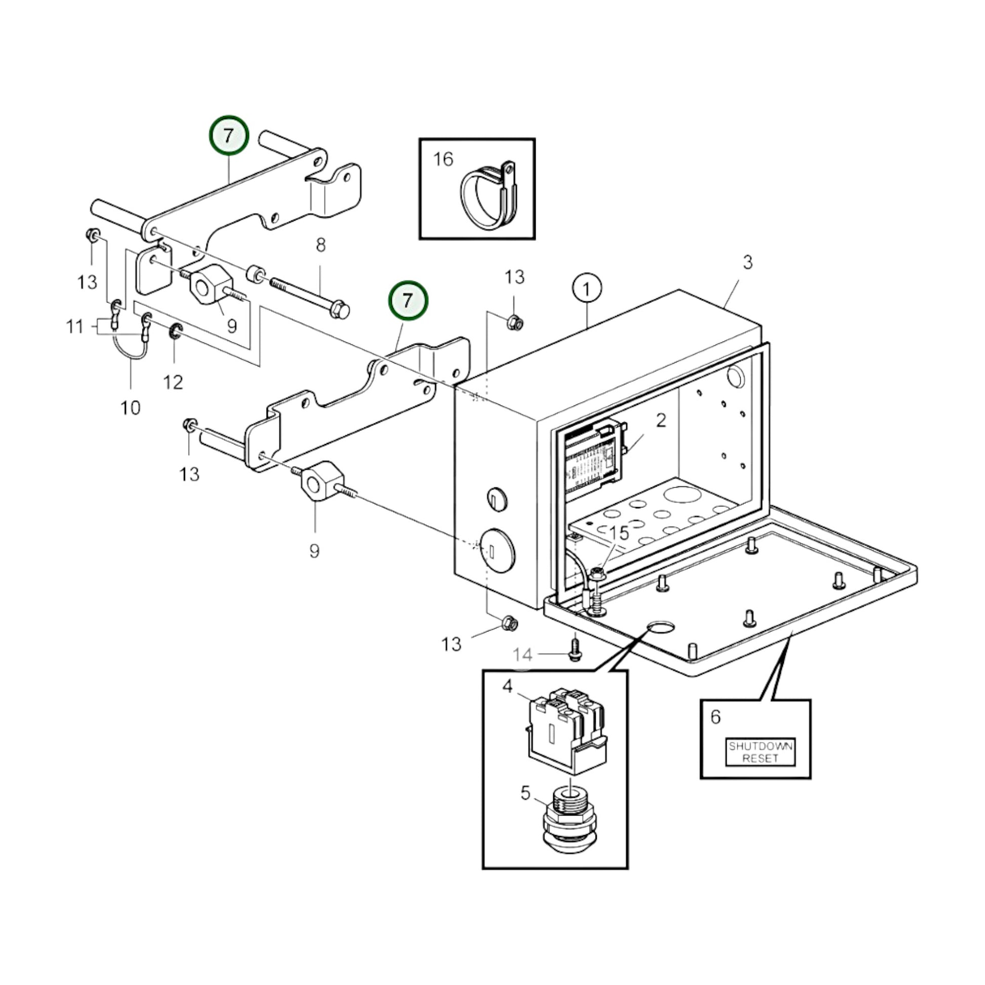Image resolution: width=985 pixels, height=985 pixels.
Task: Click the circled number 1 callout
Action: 587,289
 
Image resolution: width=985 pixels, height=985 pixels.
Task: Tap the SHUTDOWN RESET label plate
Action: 760,752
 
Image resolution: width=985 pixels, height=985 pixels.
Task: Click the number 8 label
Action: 321,245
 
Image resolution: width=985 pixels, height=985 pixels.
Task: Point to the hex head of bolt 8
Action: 340,309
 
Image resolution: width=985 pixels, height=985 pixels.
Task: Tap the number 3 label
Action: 748,262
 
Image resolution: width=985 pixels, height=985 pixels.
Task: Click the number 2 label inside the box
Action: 661,421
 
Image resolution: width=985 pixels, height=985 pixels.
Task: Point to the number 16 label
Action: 443,159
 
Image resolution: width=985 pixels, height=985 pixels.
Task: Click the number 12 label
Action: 173,382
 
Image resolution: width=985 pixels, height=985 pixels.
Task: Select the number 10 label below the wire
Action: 131,407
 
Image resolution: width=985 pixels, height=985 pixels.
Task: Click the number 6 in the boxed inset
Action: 716,716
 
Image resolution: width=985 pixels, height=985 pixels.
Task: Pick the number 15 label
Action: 620,533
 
